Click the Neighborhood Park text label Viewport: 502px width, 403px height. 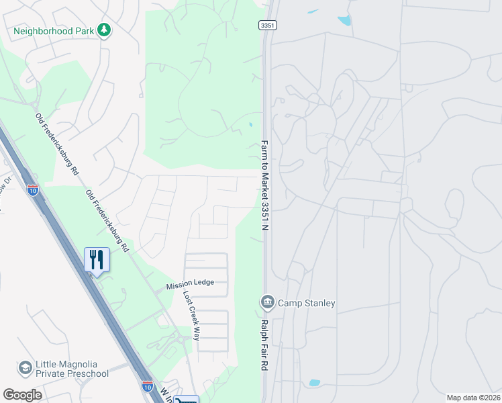click(54, 31)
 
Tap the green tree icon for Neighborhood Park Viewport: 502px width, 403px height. click(103, 30)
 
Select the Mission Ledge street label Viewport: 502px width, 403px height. click(190, 283)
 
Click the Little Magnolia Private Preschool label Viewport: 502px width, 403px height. click(63, 369)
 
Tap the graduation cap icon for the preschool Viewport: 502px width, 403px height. click(26, 368)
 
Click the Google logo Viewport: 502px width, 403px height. click(23, 394)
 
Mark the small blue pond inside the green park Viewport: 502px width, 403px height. click(251, 124)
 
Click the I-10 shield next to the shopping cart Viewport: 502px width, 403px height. click(147, 386)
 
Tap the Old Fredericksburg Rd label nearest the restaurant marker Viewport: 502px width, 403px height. click(107, 220)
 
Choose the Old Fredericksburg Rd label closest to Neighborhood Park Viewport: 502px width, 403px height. click(57, 144)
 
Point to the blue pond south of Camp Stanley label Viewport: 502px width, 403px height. click(314, 383)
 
